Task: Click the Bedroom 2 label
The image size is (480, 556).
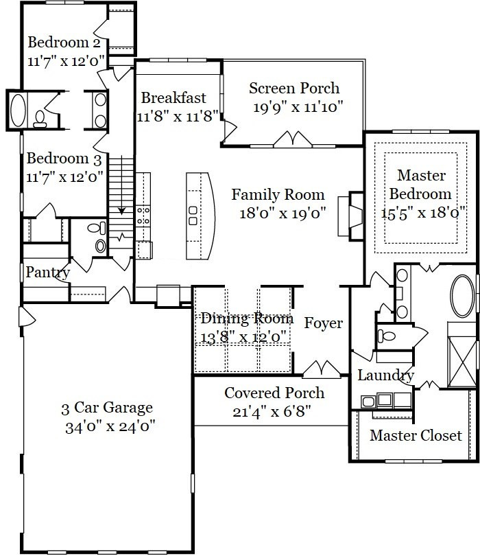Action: [64, 42]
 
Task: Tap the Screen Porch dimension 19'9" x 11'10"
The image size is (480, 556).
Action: [298, 106]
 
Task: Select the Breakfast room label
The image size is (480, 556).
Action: [173, 97]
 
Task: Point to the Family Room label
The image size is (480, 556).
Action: [278, 194]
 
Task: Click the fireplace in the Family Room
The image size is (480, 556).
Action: [350, 216]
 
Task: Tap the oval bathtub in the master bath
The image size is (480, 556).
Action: [462, 296]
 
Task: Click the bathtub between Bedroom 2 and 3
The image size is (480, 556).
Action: [18, 111]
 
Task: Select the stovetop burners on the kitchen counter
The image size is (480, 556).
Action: [143, 216]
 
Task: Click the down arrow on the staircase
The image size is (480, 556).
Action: [121, 185]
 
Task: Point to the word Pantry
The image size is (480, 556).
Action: [47, 273]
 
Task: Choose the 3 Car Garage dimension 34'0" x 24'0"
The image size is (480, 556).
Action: [110, 426]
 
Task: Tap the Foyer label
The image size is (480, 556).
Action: [324, 323]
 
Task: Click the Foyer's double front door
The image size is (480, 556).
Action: [322, 369]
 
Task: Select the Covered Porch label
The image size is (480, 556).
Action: [274, 393]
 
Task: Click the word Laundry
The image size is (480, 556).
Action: [386, 375]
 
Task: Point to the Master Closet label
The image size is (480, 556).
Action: [416, 435]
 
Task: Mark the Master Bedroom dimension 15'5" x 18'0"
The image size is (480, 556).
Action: [422, 213]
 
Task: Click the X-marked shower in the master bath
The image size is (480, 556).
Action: [462, 362]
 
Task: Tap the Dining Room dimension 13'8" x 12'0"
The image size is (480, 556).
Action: [243, 336]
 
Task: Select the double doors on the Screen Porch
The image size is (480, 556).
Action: [293, 139]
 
